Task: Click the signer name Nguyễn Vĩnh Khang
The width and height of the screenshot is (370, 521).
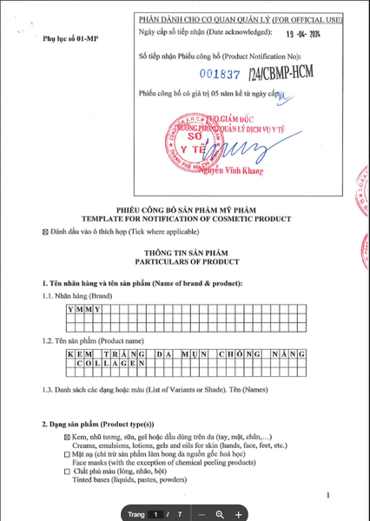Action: click(235, 170)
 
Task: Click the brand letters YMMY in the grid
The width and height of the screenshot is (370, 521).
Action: click(79, 309)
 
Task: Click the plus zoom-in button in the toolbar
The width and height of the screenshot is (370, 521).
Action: click(240, 514)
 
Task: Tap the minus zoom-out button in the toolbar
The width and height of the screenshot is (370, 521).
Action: click(201, 514)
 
